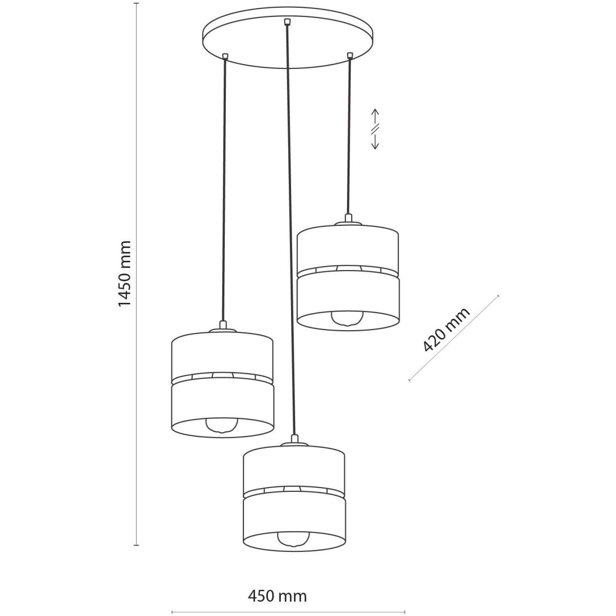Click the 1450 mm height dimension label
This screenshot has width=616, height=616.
pyautogui.click(x=125, y=274)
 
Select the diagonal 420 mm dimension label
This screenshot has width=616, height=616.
pyautogui.click(x=446, y=330)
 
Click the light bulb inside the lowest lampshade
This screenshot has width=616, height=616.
pyautogui.click(x=293, y=538)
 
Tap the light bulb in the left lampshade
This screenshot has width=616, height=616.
pyautogui.click(x=222, y=425)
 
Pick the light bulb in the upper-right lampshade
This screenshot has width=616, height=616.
pyautogui.click(x=347, y=318)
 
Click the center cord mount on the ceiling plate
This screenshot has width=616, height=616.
pyautogui.click(x=286, y=22)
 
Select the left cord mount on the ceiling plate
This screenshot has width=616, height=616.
pyautogui.click(x=225, y=56)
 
